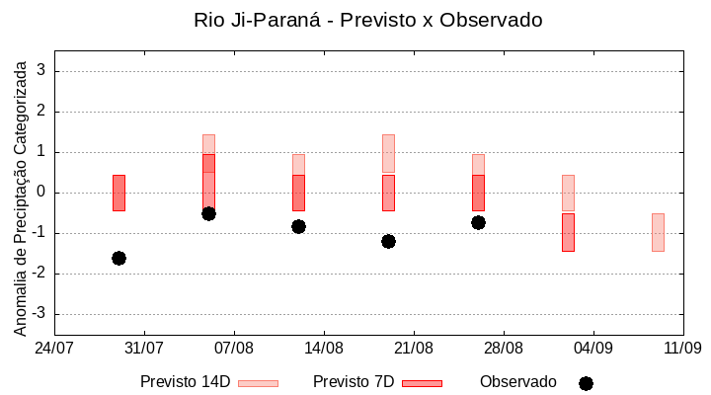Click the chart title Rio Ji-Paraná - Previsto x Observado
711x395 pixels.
click(x=367, y=20)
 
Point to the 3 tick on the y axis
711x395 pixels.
click(x=42, y=71)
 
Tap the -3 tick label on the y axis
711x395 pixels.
click(x=39, y=314)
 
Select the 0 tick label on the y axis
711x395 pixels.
click(x=42, y=193)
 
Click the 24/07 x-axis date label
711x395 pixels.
click(x=54, y=348)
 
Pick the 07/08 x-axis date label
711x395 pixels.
click(x=234, y=348)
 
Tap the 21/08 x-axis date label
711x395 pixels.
click(x=414, y=348)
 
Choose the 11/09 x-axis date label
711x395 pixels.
click(x=682, y=348)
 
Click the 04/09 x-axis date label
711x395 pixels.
click(x=592, y=348)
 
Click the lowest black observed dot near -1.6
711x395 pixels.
click(x=118, y=258)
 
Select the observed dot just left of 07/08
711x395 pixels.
click(x=208, y=213)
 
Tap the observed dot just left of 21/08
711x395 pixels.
click(x=388, y=241)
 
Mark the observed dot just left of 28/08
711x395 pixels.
click(x=478, y=222)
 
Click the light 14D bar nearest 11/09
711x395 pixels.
click(x=658, y=232)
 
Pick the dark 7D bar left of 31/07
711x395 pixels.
click(x=118, y=193)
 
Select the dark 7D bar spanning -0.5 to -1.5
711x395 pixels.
click(x=568, y=232)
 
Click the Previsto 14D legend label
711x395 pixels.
click(x=185, y=382)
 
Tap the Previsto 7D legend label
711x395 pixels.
click(x=354, y=382)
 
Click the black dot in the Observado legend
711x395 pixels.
click(x=586, y=383)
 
